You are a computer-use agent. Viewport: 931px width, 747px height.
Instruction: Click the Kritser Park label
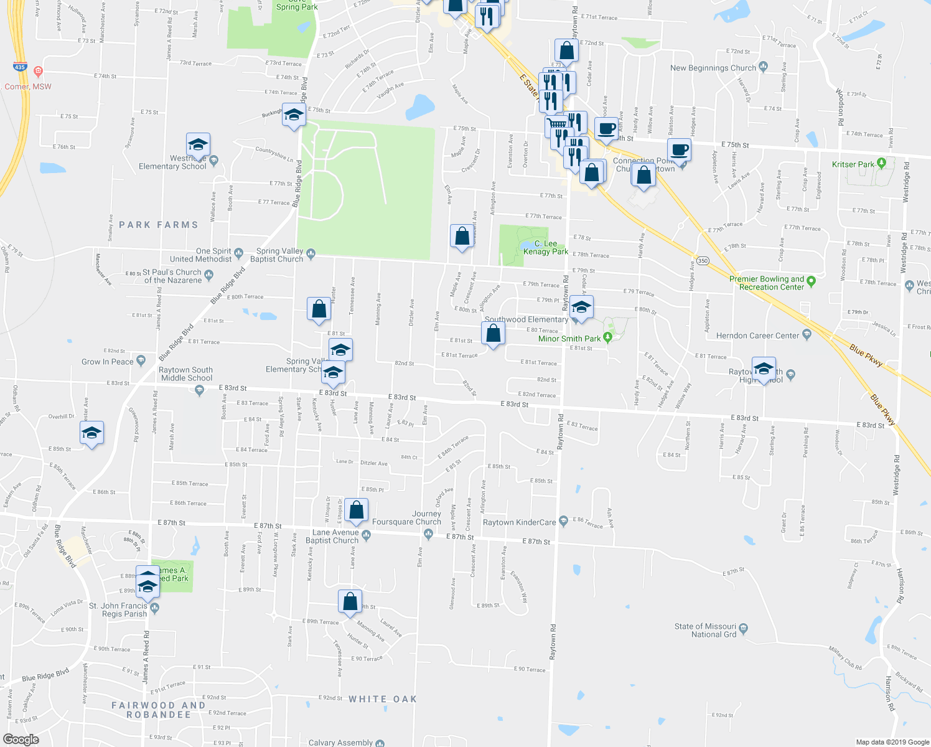click(853, 164)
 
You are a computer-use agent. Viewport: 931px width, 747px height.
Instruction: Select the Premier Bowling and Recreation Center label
click(767, 283)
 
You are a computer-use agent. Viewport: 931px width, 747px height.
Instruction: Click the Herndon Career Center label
click(757, 336)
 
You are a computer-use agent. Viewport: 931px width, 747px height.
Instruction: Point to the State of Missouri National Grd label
click(705, 631)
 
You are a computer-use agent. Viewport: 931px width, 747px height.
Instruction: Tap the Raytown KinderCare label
click(519, 522)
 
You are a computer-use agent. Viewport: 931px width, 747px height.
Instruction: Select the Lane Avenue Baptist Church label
click(335, 537)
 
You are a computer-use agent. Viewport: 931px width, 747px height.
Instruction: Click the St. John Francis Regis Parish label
click(118, 609)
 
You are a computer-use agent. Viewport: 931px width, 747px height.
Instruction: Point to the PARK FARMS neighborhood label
click(158, 225)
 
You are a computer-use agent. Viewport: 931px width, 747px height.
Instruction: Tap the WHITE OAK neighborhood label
click(382, 699)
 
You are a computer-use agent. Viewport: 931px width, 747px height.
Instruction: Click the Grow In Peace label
click(108, 362)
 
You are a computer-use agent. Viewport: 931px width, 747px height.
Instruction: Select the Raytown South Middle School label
click(185, 374)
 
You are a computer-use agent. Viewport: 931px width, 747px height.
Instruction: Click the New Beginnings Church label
click(713, 68)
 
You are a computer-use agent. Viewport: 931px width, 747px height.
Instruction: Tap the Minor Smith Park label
click(569, 339)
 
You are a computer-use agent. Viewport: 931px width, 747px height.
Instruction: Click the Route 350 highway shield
click(703, 261)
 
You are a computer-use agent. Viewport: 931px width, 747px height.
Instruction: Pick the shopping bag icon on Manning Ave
click(350, 601)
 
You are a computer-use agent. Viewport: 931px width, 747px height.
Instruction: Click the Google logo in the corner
click(21, 740)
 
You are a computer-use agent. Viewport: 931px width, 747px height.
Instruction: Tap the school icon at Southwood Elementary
click(581, 308)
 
